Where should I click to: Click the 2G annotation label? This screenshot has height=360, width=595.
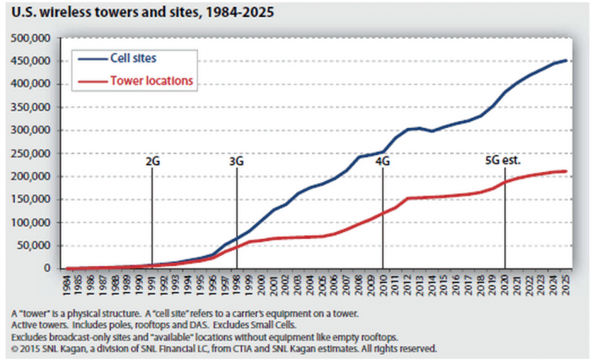[152, 159]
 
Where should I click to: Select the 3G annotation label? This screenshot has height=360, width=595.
[236, 159]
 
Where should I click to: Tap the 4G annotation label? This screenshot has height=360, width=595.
[383, 159]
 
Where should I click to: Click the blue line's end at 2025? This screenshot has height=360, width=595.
[565, 61]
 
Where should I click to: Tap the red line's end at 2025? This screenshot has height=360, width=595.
[565, 171]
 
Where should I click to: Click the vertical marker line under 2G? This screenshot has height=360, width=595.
[152, 216]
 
